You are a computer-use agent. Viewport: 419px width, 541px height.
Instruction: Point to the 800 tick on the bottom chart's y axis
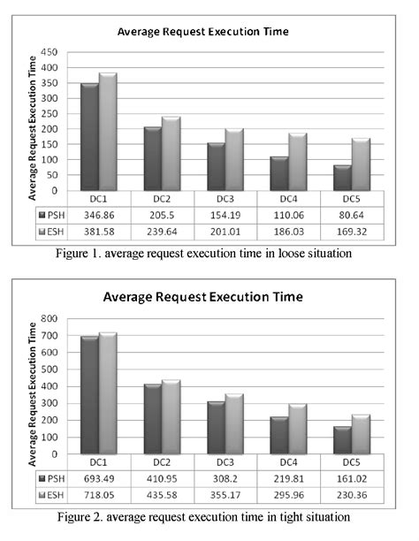coord(58,318)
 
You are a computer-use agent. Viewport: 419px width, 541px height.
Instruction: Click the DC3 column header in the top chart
coord(232,198)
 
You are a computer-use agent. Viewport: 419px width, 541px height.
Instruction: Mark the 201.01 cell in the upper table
coord(232,231)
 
